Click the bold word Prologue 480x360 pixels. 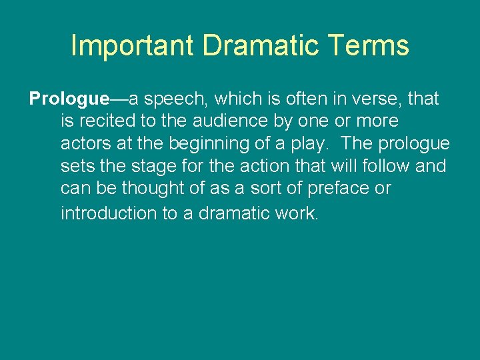[69, 99]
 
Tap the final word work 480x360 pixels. [297, 213]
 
